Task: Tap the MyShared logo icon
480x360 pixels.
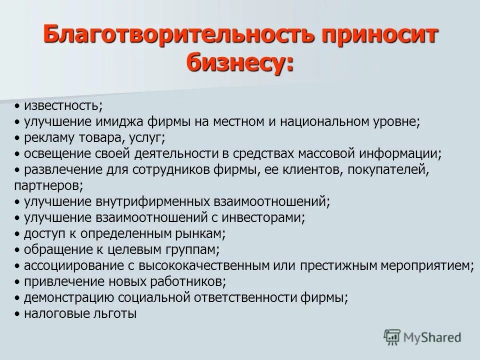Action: click(x=393, y=336)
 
